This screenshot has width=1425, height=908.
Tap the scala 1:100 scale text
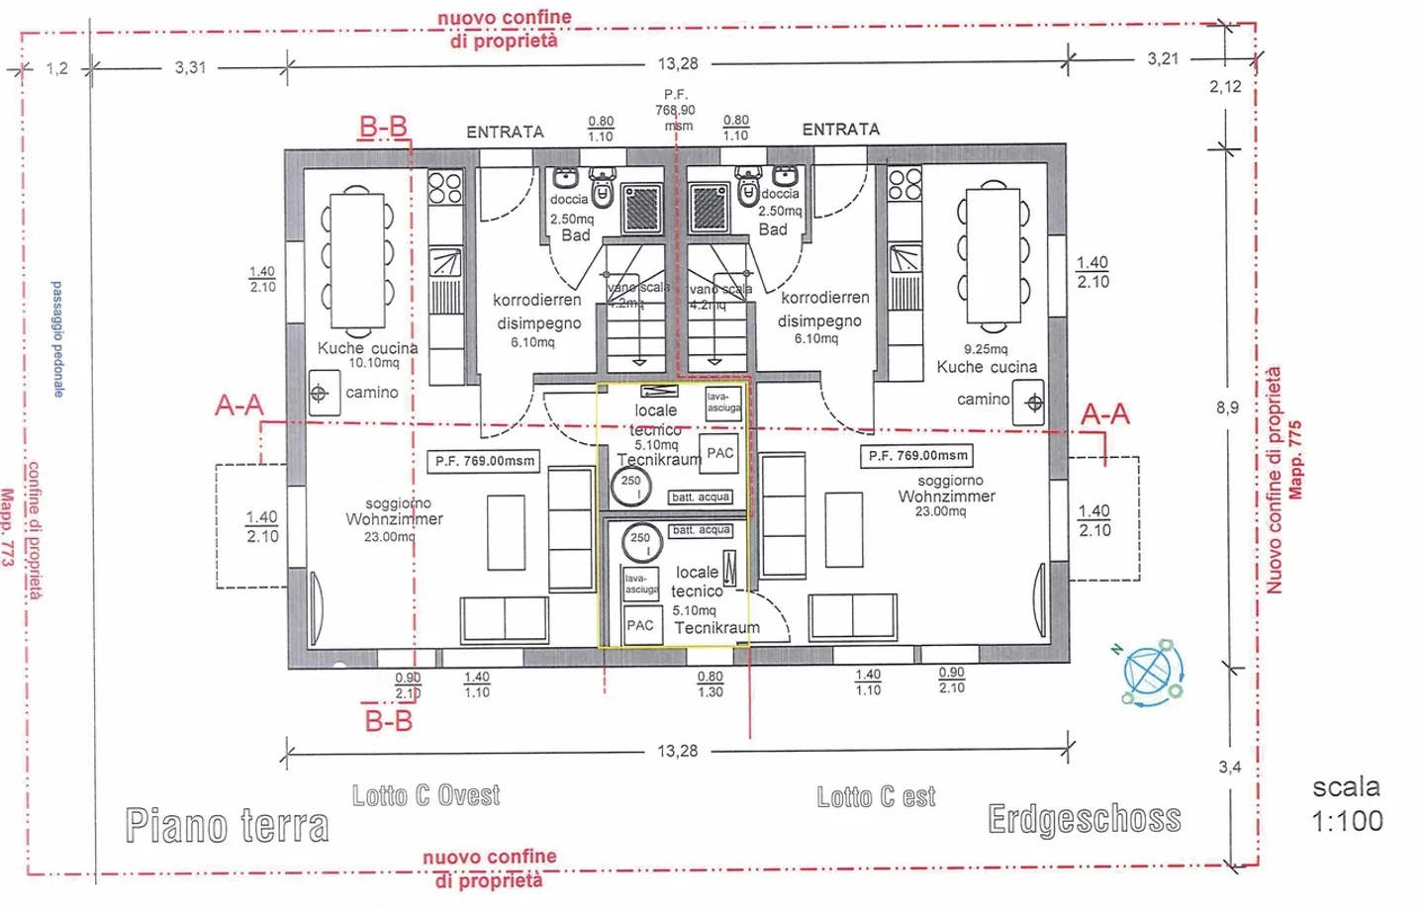[x=1347, y=804]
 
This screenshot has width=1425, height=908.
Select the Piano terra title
[x=227, y=825]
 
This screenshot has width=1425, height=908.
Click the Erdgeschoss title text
[x=1085, y=819]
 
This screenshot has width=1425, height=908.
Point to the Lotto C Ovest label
[x=426, y=795]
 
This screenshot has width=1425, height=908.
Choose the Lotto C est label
[x=876, y=797]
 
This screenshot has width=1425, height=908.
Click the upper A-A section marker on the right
[x=1104, y=413]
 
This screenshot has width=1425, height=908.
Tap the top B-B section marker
[x=383, y=127]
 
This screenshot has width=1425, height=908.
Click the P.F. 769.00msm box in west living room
[x=485, y=461]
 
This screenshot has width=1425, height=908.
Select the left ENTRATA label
[x=505, y=132]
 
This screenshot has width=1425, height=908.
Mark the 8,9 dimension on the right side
[x=1227, y=408]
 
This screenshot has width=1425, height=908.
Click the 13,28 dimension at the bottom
[x=678, y=752]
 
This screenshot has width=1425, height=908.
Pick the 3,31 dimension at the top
[x=191, y=67]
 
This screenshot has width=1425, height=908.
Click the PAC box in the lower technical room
[x=640, y=625]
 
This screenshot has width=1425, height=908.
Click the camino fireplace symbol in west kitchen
[x=319, y=394]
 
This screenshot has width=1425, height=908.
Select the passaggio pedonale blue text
[x=57, y=339]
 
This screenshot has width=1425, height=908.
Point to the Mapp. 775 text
[x=1295, y=460]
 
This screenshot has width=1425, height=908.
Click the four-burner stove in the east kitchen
[x=904, y=184]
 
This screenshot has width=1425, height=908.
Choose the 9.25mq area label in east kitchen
[x=985, y=349]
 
